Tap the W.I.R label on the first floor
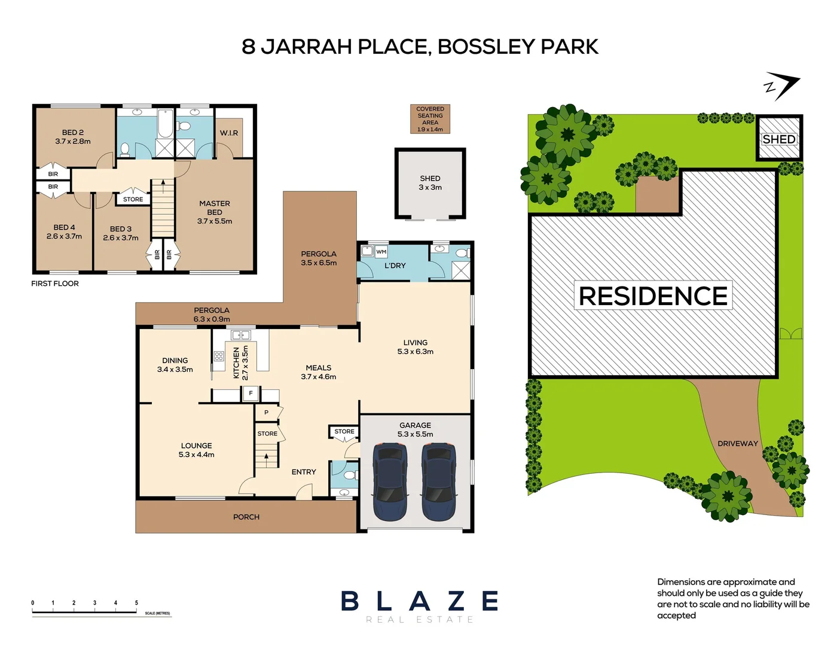[229, 133]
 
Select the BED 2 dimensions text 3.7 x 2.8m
[73, 142]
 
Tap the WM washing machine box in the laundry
[381, 252]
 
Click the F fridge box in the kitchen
[251, 394]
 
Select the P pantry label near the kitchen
[266, 413]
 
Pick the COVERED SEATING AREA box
[430, 119]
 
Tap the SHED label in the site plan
[779, 139]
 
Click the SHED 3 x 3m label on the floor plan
[430, 182]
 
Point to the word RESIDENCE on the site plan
[653, 296]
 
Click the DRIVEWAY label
[737, 444]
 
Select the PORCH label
[246, 517]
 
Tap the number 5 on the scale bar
[136, 603]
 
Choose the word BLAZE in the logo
[419, 601]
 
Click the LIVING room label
[415, 343]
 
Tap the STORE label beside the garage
[344, 431]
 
